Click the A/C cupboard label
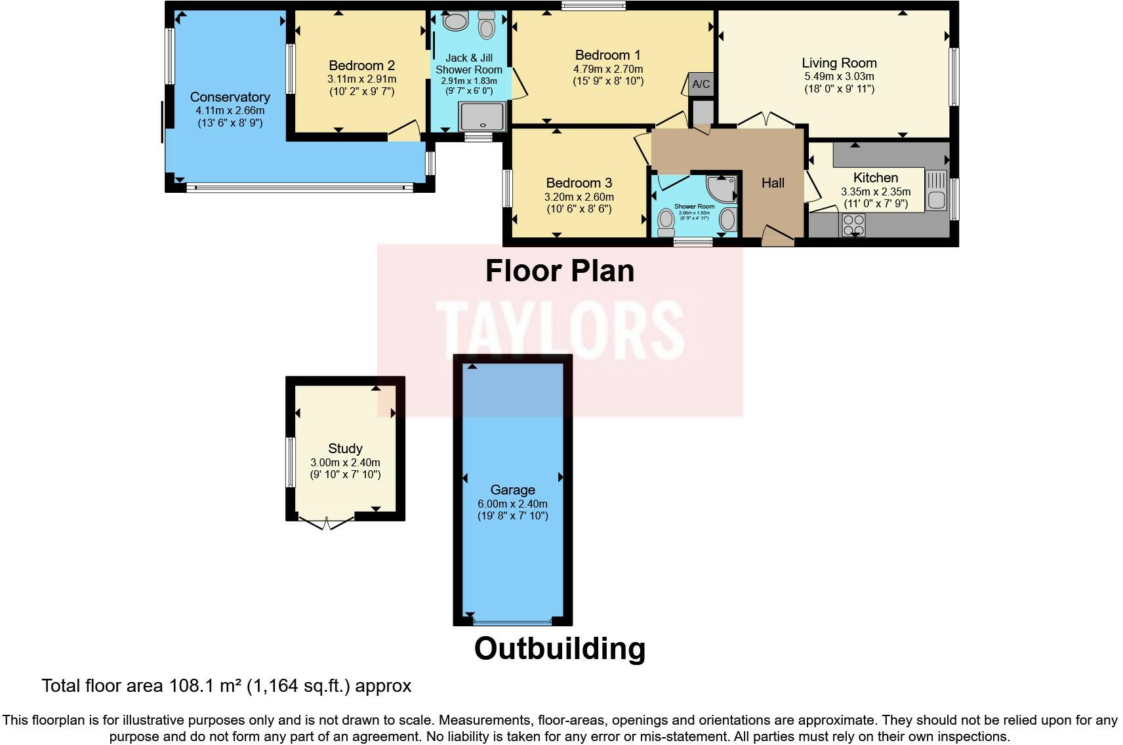(x=701, y=84)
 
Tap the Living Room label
(x=839, y=63)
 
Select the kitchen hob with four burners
(x=853, y=225)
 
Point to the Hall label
(x=773, y=183)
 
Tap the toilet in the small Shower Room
(x=666, y=224)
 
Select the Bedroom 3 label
(x=579, y=183)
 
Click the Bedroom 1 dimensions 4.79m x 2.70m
(x=608, y=69)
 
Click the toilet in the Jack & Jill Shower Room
(x=486, y=26)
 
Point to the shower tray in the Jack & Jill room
(x=482, y=116)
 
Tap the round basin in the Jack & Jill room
(x=454, y=21)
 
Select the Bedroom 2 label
(x=361, y=66)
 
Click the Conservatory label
(x=230, y=97)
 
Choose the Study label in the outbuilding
(x=345, y=449)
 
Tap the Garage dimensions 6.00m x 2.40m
(x=512, y=504)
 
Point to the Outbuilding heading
(x=560, y=648)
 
